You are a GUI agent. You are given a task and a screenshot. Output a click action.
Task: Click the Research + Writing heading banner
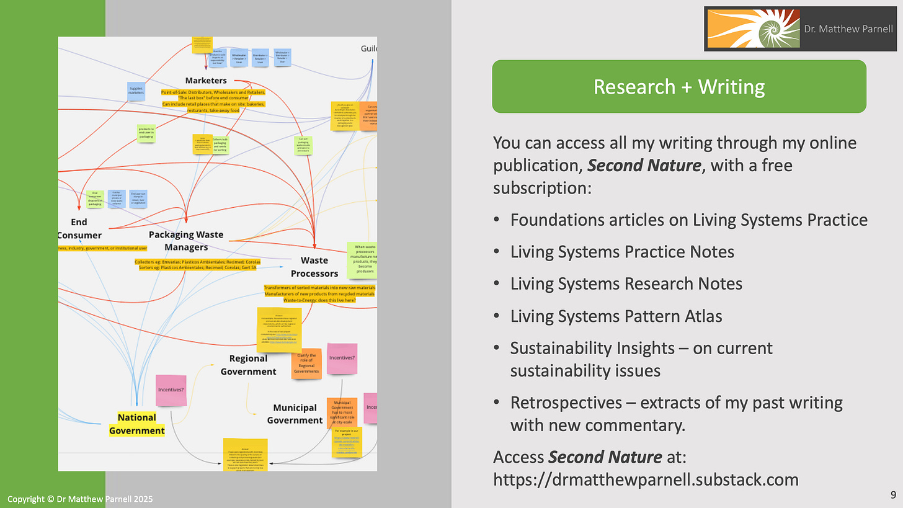[678, 86]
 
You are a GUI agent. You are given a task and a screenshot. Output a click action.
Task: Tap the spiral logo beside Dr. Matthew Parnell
[751, 29]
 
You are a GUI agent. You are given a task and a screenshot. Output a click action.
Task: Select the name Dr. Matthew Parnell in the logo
[849, 29]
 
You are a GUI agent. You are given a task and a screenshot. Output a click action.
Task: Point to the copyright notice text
[80, 499]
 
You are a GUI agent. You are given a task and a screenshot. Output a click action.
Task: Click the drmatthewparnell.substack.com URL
[645, 479]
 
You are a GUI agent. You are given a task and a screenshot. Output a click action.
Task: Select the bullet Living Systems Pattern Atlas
[616, 316]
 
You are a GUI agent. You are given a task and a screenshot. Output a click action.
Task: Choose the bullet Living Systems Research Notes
[626, 283]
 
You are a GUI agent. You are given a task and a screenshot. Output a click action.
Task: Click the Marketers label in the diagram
[206, 80]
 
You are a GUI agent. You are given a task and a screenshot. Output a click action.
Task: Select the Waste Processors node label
[319, 267]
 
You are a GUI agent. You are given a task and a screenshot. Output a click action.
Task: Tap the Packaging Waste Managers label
[186, 241]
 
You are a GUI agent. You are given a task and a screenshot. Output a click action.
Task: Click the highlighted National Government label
[137, 424]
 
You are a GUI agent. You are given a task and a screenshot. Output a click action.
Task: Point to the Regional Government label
[248, 365]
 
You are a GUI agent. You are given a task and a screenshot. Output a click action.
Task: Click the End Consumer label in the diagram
[79, 228]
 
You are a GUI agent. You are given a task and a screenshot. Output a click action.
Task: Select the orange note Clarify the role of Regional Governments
[306, 363]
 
